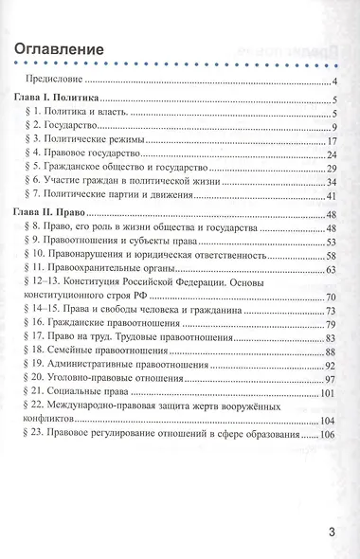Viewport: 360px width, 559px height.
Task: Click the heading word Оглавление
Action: (x=64, y=48)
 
